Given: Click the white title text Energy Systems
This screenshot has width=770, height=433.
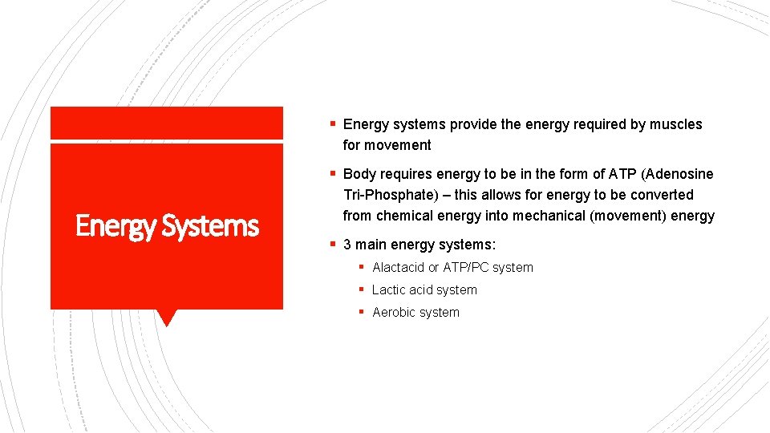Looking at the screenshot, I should tap(167, 227).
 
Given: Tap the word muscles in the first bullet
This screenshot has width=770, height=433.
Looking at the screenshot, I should tap(676, 124).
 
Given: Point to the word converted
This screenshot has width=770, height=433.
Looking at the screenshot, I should tap(663, 195).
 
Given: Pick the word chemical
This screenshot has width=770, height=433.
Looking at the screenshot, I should tap(404, 216).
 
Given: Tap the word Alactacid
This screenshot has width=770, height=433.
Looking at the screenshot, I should tap(398, 268).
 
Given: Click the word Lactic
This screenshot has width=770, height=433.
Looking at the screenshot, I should tap(388, 290).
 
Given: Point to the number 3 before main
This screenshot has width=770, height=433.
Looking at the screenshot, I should tap(347, 245).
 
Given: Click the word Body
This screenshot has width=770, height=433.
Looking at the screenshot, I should tap(359, 174).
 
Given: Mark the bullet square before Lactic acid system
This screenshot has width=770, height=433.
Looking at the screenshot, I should tap(363, 289).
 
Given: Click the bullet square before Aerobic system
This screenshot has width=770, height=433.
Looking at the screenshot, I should tap(363, 312).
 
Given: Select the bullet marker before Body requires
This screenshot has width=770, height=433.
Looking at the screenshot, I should tap(332, 174).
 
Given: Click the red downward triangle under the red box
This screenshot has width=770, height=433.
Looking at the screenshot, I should tap(166, 318).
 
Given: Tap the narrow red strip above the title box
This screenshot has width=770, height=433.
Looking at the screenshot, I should tap(166, 123).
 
